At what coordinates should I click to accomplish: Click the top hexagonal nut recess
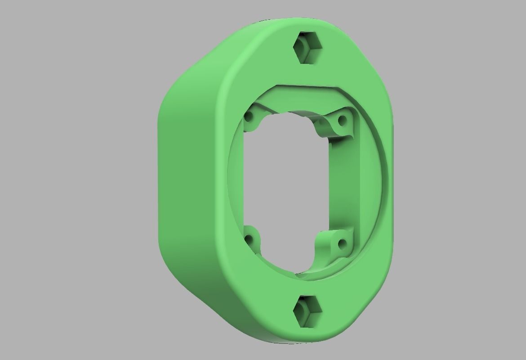[x=308, y=47]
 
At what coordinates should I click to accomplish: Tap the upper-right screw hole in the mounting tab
[x=342, y=120]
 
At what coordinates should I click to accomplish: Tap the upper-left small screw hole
[x=249, y=118]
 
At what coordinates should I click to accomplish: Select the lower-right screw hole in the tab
[x=342, y=244]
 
